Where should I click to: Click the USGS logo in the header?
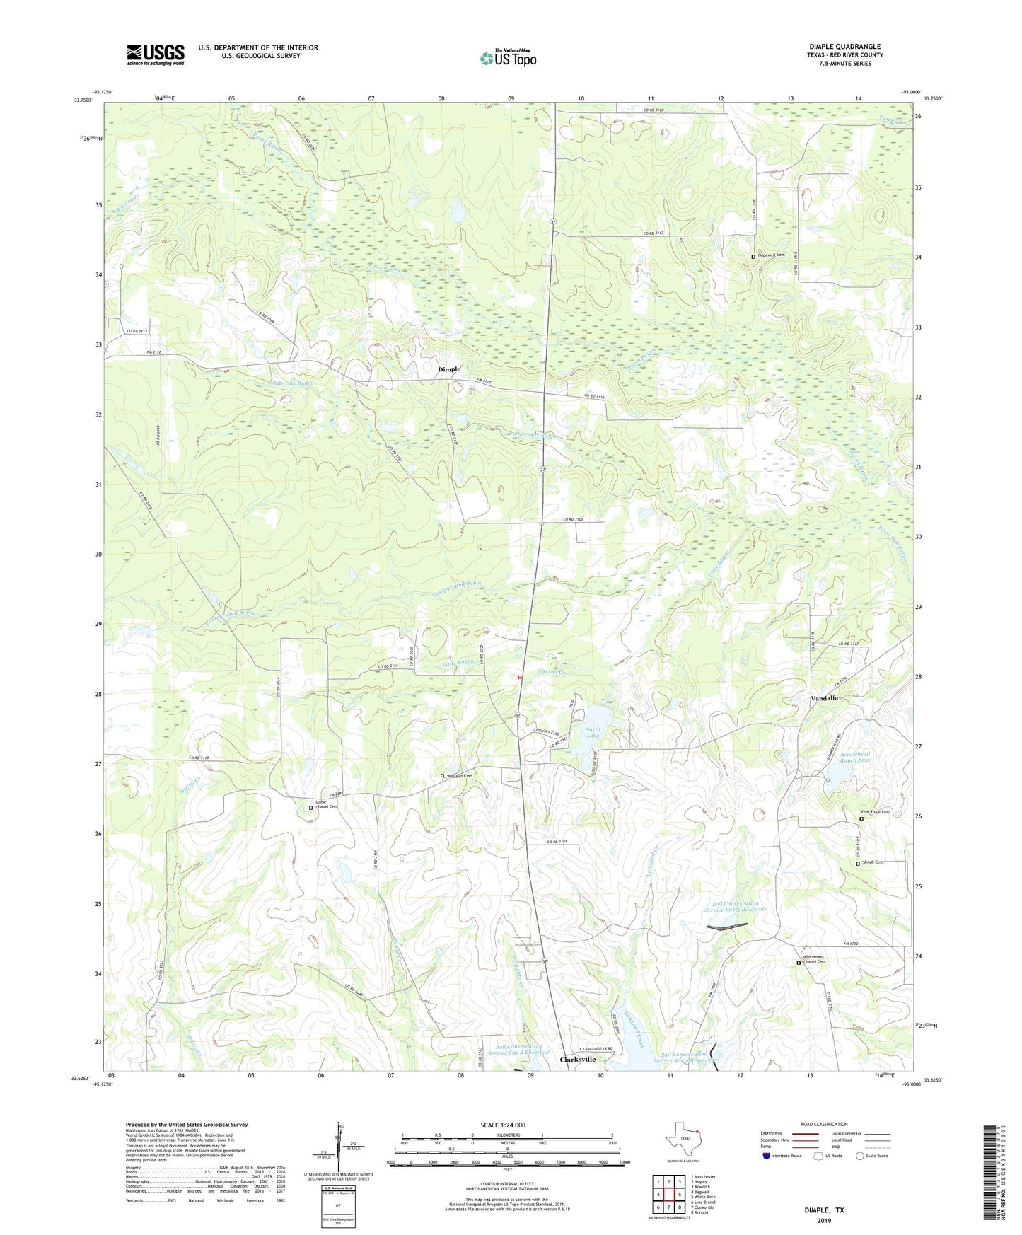tap(156, 54)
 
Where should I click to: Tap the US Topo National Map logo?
tap(508, 57)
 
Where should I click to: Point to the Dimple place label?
tap(449, 369)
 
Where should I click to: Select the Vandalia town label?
tap(824, 697)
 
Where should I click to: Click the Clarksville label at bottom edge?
tap(577, 1060)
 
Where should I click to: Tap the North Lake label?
tap(592, 733)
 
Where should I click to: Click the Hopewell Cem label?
tap(771, 255)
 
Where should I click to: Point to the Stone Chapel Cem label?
tap(326, 805)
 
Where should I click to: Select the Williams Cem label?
tap(459, 776)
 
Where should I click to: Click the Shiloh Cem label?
tap(873, 862)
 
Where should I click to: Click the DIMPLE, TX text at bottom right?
tap(824, 1210)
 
